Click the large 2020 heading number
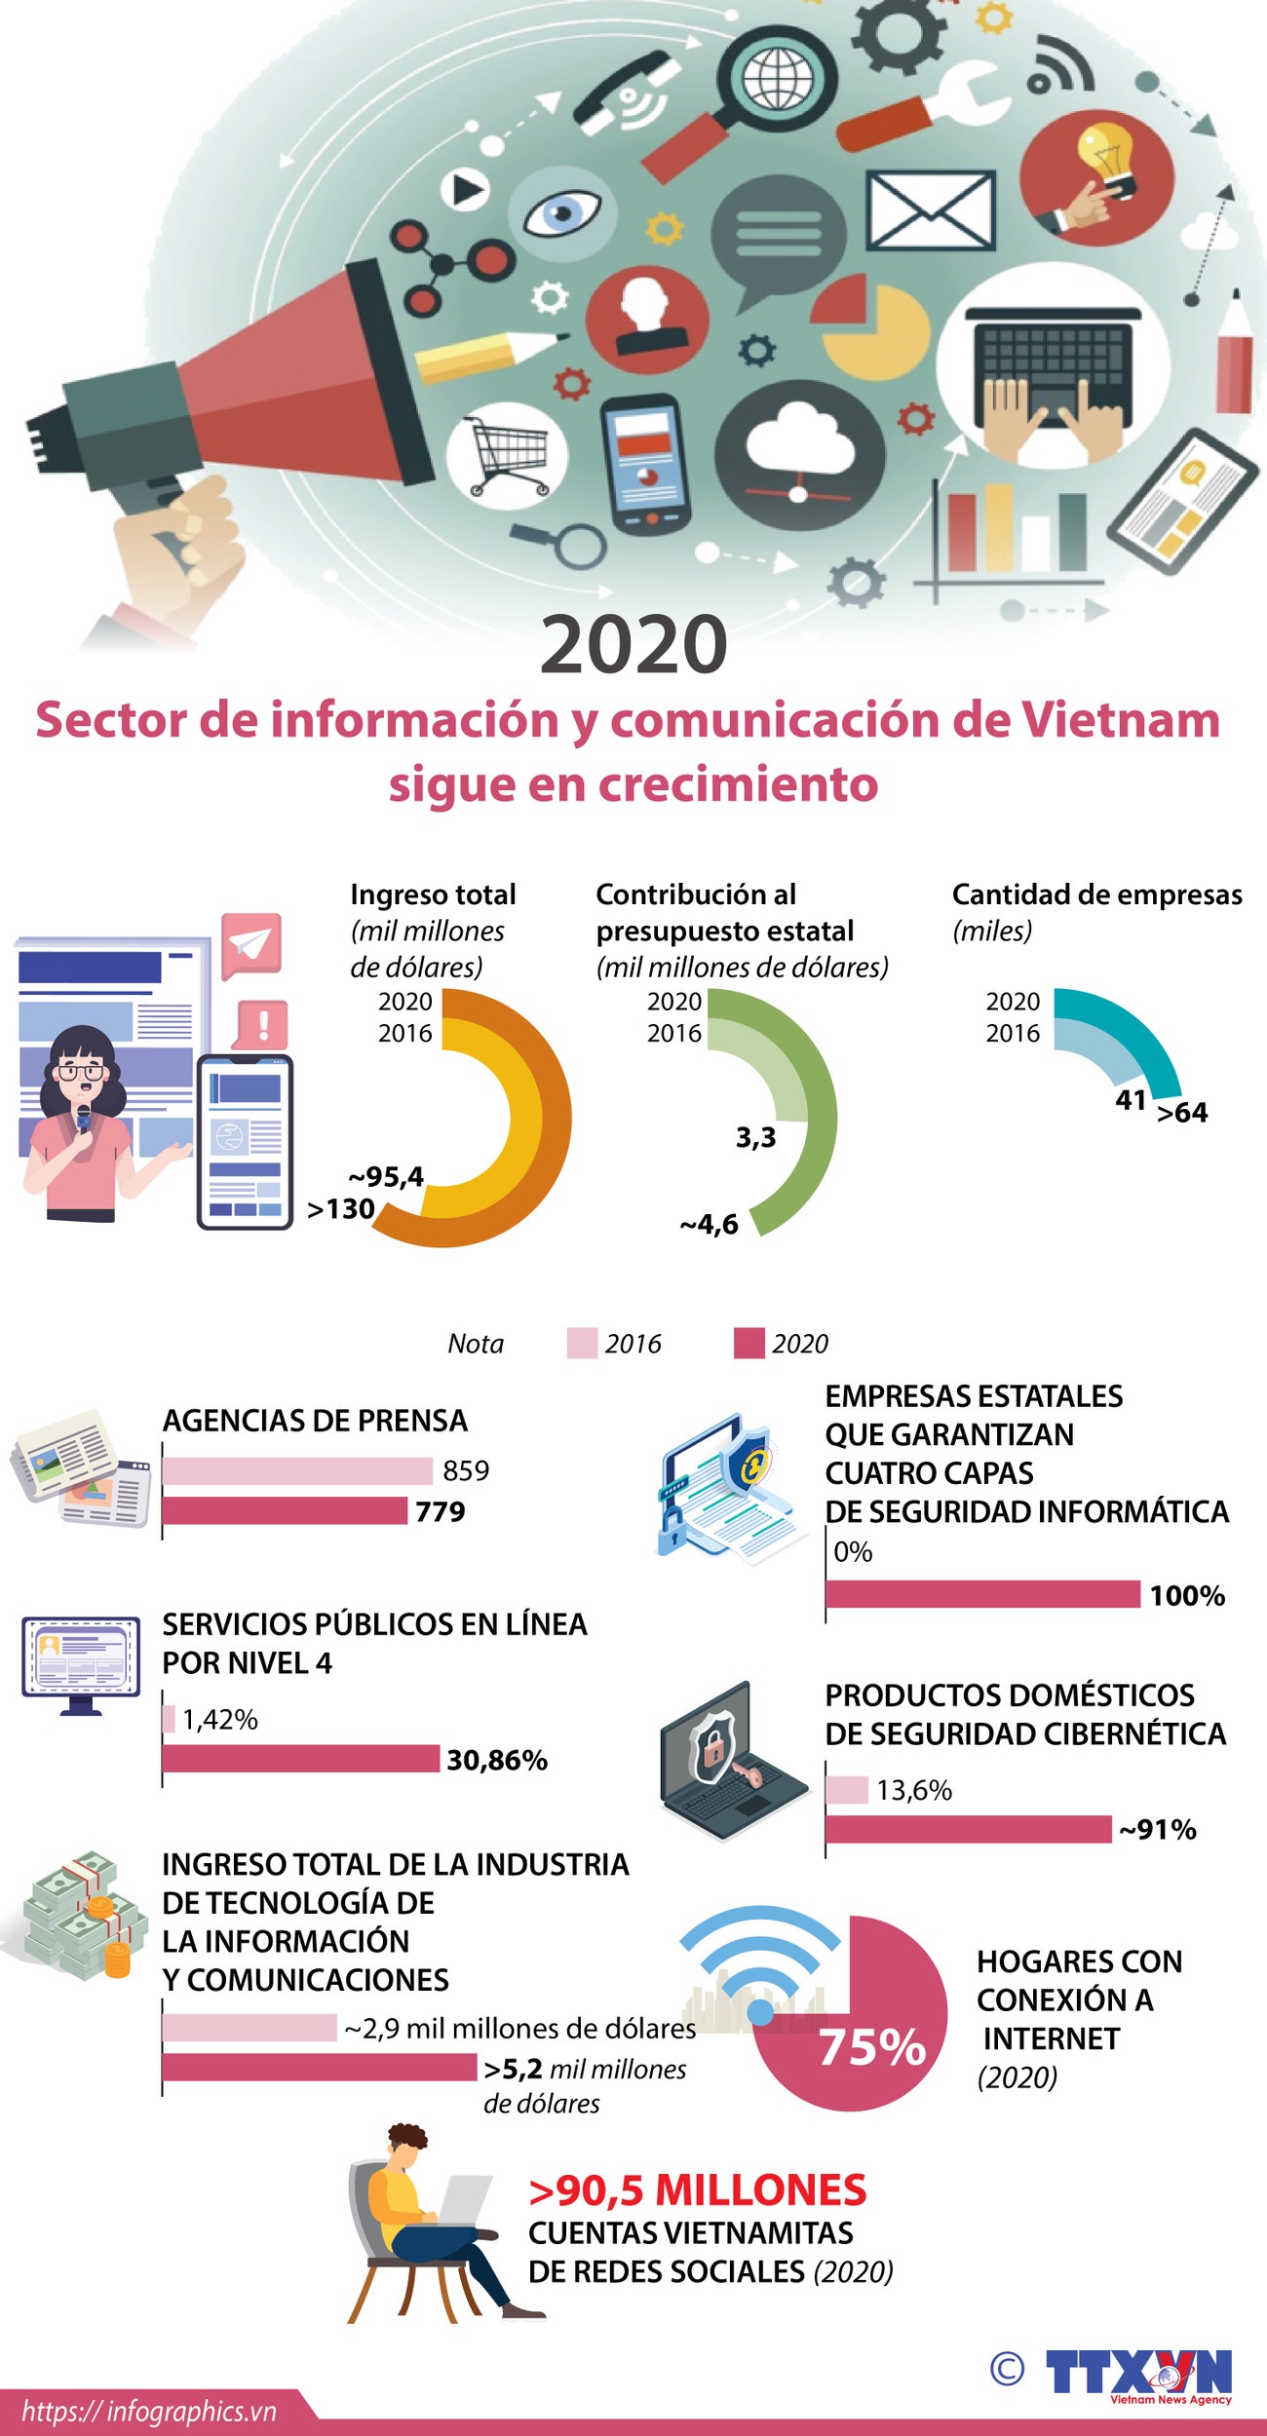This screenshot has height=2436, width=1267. point(633,644)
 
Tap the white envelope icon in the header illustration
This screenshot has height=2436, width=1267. point(931,209)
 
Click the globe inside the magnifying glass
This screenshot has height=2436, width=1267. point(777,78)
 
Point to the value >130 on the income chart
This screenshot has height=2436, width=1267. point(341,1209)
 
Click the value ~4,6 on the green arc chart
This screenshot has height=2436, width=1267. point(710,1225)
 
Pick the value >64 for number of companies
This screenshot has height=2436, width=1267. point(1182,1113)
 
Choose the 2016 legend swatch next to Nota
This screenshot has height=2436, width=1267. point(582,1343)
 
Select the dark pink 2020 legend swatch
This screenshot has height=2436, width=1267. point(749,1343)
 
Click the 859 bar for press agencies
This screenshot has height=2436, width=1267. point(297,1470)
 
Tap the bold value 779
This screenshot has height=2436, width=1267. point(441,1511)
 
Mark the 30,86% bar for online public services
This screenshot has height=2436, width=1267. point(300,1759)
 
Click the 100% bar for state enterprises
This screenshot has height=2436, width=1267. point(982,1594)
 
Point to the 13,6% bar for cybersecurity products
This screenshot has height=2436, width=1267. point(847,1790)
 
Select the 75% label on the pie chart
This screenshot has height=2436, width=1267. point(871,2046)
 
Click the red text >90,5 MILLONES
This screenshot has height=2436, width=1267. point(697,2190)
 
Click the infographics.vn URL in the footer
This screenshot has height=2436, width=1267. point(149,2412)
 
